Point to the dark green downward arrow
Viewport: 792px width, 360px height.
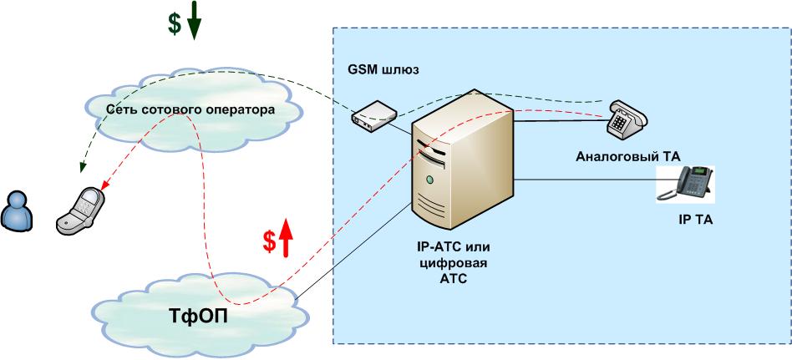pos(194,20)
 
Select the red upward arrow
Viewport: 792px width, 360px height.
pos(286,238)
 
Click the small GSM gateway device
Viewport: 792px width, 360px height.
pos(373,114)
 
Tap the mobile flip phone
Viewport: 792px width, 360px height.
pos(80,210)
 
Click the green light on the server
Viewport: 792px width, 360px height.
pos(429,180)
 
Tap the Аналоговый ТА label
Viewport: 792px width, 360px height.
pos(628,156)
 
